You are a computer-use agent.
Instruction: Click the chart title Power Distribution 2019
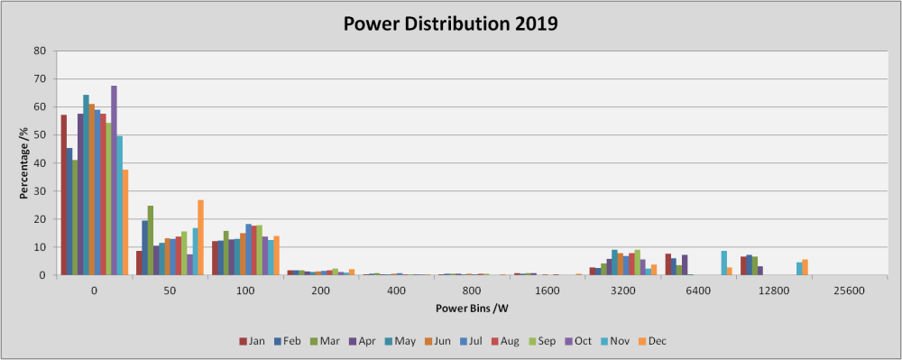pyautogui.click(x=451, y=23)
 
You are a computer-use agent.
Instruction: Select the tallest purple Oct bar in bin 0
pyautogui.click(x=114, y=180)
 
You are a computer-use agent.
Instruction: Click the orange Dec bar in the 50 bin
pyautogui.click(x=201, y=237)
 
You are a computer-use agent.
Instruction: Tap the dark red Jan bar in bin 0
pyautogui.click(x=64, y=195)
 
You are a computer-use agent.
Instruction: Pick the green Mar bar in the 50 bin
pyautogui.click(x=150, y=240)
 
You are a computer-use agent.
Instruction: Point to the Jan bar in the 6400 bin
pyautogui.click(x=667, y=264)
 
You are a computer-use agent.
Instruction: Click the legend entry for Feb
pyautogui.click(x=288, y=341)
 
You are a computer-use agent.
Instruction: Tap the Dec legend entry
pyautogui.click(x=651, y=341)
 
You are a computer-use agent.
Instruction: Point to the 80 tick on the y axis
pyautogui.click(x=41, y=51)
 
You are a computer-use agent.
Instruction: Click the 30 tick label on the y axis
pyautogui.click(x=41, y=191)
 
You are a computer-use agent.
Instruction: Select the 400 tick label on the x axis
pyautogui.click(x=396, y=291)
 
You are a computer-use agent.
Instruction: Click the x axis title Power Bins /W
pyautogui.click(x=472, y=309)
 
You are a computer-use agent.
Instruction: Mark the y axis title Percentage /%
pyautogui.click(x=23, y=162)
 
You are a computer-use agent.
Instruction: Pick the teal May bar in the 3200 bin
pyautogui.click(x=614, y=263)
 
